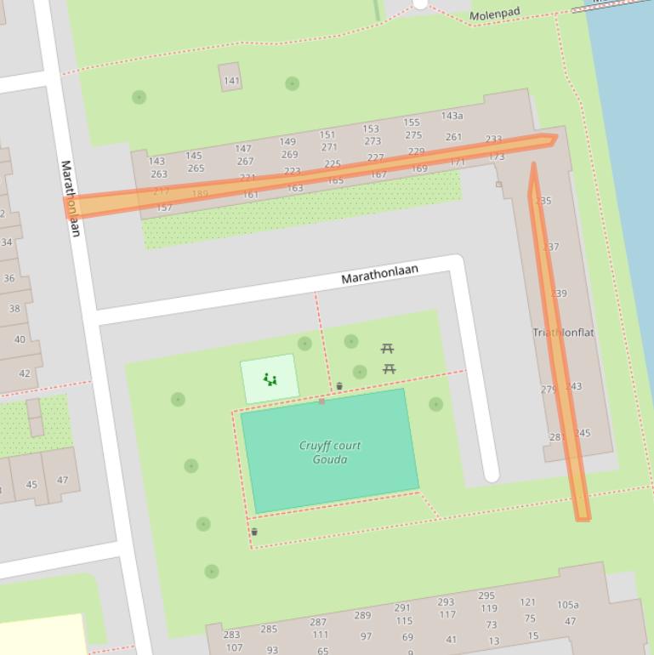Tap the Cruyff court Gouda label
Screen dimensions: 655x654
tap(329, 453)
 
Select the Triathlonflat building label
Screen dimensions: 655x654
tap(563, 333)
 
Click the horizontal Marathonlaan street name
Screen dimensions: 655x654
tap(379, 274)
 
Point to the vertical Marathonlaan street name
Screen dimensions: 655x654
tap(71, 198)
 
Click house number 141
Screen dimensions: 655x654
tap(231, 81)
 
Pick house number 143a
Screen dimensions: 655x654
tap(452, 116)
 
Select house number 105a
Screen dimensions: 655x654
tap(567, 606)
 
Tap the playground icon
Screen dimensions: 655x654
tap(270, 379)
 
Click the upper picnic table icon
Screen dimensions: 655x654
tap(387, 349)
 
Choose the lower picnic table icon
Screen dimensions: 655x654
tap(389, 368)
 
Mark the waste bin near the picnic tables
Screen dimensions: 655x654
tap(339, 386)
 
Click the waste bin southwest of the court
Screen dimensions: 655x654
tap(254, 532)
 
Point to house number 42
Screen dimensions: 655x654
tap(25, 373)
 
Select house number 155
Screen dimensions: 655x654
tap(412, 122)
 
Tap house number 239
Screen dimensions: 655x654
tap(558, 293)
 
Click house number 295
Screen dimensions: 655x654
tap(486, 596)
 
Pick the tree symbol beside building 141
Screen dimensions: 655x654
tap(292, 83)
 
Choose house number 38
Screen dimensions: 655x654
tap(14, 309)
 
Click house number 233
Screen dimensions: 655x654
tap(493, 139)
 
